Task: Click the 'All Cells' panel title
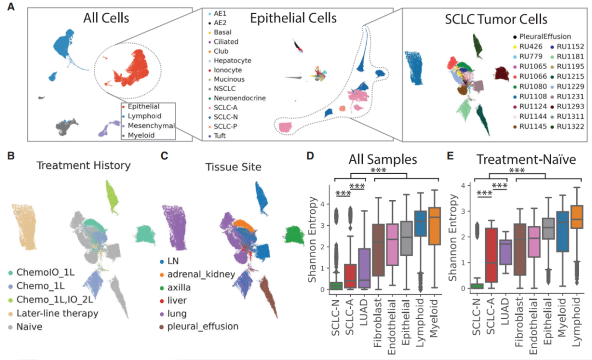click(x=106, y=18)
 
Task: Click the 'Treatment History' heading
click(x=84, y=164)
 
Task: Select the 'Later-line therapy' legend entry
click(x=57, y=313)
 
